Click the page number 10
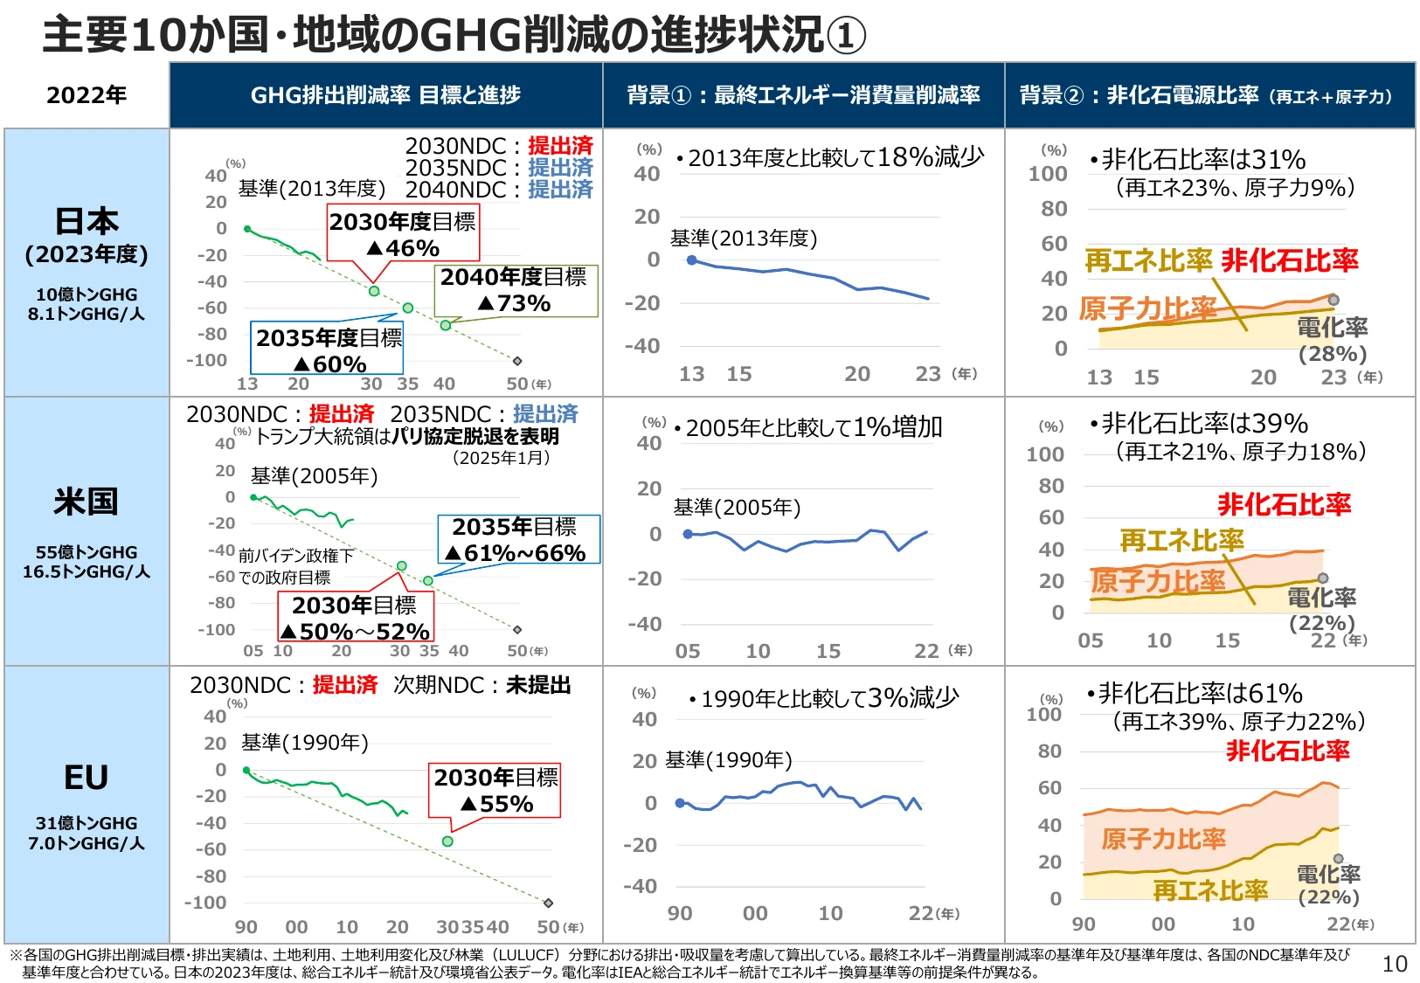pyautogui.click(x=1395, y=964)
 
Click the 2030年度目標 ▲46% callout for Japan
pyautogui.click(x=403, y=234)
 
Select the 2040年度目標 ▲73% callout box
pyautogui.click(x=515, y=290)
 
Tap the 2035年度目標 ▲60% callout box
pyautogui.click(x=329, y=350)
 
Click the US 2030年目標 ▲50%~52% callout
pyautogui.click(x=355, y=618)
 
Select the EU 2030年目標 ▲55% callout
pyautogui.click(x=495, y=791)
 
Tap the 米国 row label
pyautogui.click(x=86, y=502)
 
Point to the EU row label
pyautogui.click(x=86, y=777)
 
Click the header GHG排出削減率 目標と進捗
pyautogui.click(x=385, y=95)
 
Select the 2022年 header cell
pyautogui.click(x=87, y=95)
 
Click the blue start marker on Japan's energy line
pyautogui.click(x=692, y=260)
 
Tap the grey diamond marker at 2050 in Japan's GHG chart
pyautogui.click(x=517, y=361)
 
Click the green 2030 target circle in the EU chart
pyautogui.click(x=447, y=841)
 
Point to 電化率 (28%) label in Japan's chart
pyautogui.click(x=1332, y=340)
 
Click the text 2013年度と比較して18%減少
pyautogui.click(x=835, y=158)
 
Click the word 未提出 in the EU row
pyautogui.click(x=538, y=685)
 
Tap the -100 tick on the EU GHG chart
pyautogui.click(x=205, y=903)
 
